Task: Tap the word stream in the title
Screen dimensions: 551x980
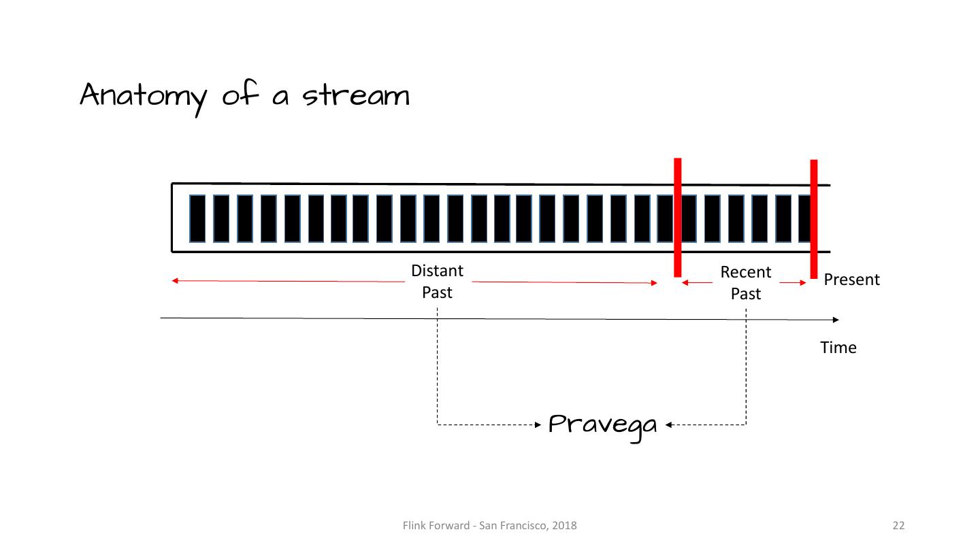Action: [356, 95]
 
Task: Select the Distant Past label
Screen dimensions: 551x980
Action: [437, 282]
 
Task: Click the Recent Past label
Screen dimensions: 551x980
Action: [746, 283]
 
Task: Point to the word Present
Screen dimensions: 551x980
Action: [851, 280]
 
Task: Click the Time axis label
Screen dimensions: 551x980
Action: [838, 348]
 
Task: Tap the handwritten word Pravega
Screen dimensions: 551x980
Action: [603, 426]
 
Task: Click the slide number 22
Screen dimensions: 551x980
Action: [898, 525]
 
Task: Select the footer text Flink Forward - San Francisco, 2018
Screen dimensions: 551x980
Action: [489, 525]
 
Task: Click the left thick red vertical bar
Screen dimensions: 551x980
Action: [677, 218]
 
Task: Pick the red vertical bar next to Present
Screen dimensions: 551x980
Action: [814, 219]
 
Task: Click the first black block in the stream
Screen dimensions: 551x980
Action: [197, 218]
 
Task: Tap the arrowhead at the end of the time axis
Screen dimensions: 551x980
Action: [836, 320]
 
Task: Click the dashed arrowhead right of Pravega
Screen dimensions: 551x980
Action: [669, 425]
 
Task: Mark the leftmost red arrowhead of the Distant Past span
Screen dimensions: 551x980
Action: [175, 280]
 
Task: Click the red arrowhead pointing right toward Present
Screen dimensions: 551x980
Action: [803, 282]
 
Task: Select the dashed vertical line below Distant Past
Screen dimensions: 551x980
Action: [437, 367]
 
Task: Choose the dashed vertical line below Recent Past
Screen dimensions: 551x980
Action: [746, 367]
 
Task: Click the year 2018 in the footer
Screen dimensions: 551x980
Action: [565, 525]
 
